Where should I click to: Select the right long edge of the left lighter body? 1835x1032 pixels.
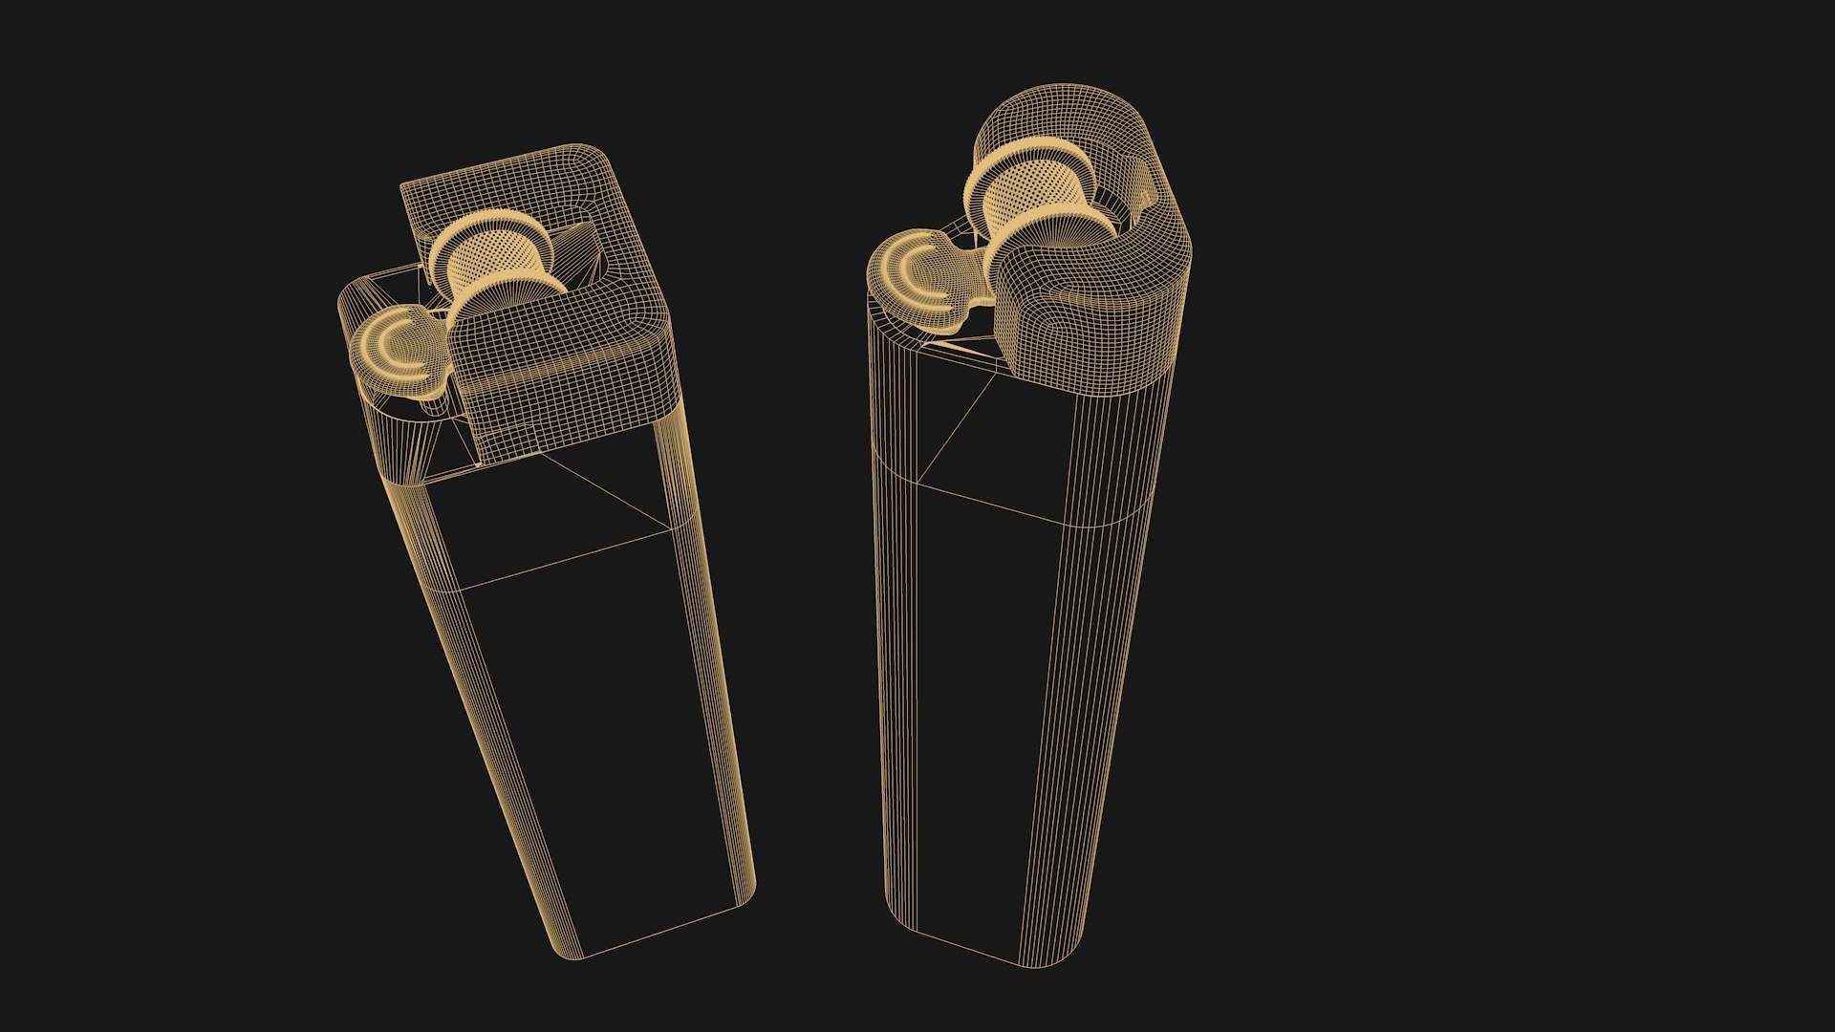(717, 669)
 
